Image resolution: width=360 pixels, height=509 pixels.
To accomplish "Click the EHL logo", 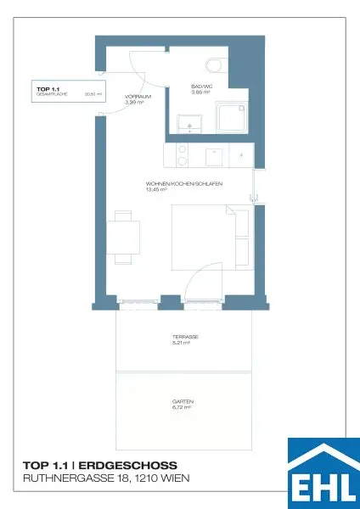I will [x=323, y=473].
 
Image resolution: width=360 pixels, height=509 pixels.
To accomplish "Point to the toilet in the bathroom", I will [x=212, y=64].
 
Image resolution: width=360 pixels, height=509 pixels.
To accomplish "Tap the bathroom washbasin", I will [x=188, y=125].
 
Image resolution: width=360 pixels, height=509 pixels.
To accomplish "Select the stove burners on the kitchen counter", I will [x=181, y=156].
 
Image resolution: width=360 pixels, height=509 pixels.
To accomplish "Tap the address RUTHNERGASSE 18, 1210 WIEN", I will [x=106, y=479].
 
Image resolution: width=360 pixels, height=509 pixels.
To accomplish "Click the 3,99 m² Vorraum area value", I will [x=136, y=103].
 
